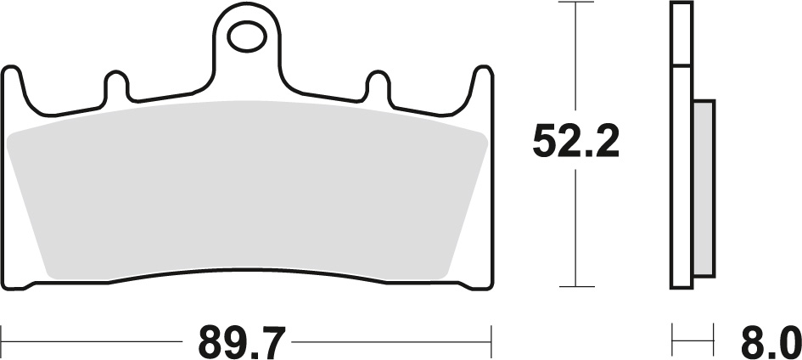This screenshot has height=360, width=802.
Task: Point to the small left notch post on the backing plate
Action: tap(115, 87)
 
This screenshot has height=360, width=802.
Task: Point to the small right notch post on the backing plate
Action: tap(377, 87)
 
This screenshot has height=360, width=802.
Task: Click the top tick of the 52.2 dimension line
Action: tap(576, 3)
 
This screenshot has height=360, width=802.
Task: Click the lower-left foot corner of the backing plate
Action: tap(17, 284)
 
